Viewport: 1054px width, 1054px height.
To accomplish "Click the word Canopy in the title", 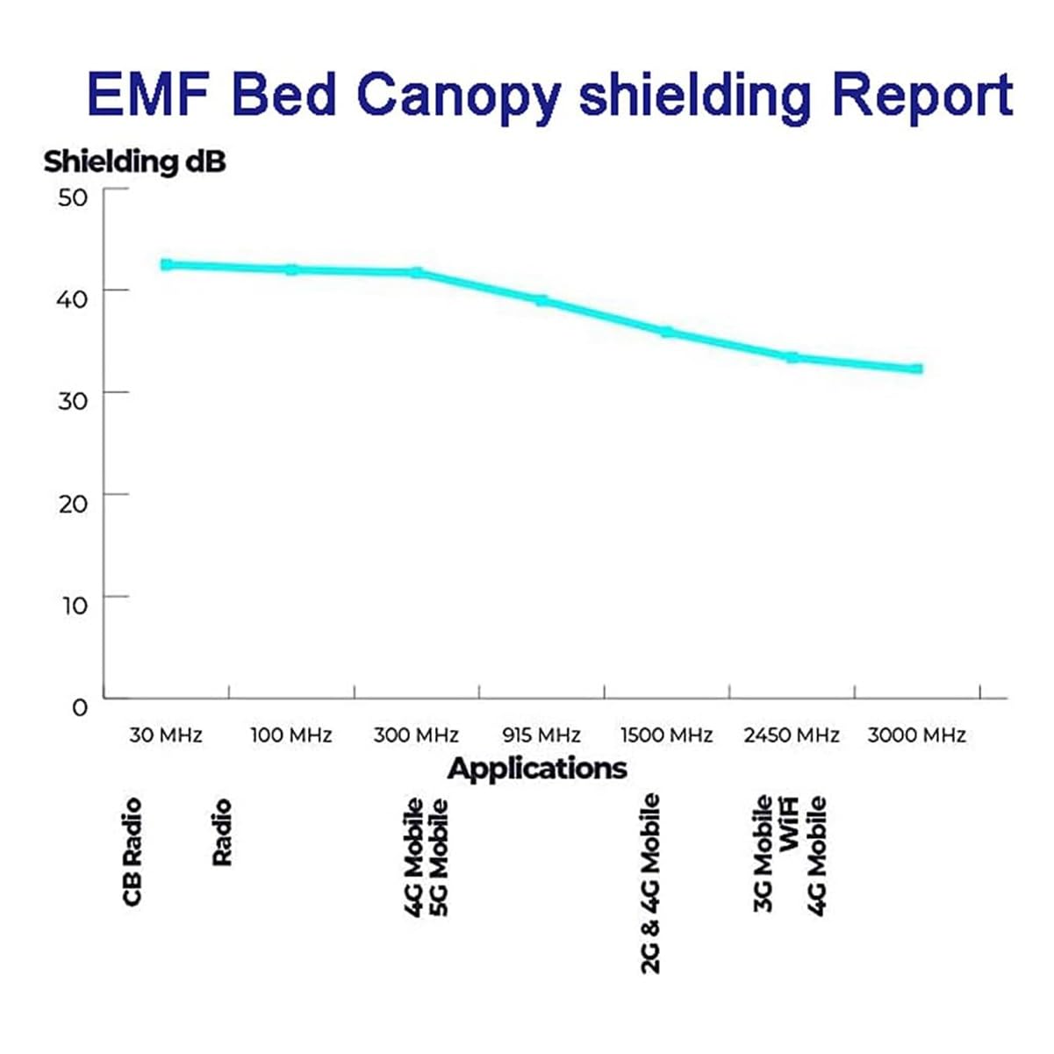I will coord(457,95).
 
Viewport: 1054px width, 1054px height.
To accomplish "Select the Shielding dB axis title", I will coord(134,161).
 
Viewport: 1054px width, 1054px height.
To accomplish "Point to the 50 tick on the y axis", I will coord(74,196).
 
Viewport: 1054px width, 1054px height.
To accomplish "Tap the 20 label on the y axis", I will coord(74,503).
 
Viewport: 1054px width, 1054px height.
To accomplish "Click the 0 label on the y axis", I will coord(80,707).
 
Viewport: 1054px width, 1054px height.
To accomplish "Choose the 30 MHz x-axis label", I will coord(166,735).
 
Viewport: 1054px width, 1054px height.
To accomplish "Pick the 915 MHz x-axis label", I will coord(541,735).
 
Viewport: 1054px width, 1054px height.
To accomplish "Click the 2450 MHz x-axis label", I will coord(792,735).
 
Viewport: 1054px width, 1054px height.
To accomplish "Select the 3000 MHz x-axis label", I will coord(917,735).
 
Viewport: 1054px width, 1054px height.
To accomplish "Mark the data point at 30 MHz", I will coord(166,264).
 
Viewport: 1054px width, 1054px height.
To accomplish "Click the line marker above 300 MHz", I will coord(417,273).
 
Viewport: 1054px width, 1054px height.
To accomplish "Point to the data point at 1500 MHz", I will coord(667,332).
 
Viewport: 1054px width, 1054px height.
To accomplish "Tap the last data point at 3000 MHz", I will coord(917,369).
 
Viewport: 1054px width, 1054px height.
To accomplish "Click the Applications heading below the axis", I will coord(537,769).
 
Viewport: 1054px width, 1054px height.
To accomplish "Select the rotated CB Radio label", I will coord(132,851).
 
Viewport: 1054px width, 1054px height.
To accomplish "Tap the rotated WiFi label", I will coord(790,823).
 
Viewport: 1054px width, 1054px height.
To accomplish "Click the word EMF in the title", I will coord(150,95).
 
